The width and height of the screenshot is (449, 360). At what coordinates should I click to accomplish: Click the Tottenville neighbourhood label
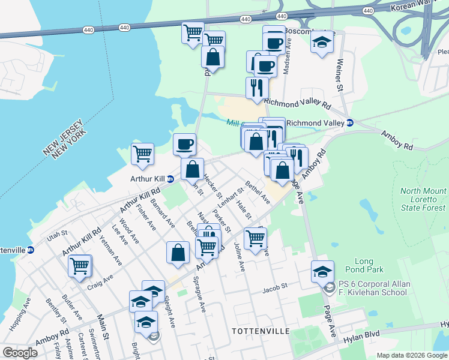coord(261,331)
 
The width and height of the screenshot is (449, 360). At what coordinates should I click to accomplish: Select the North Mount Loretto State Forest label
coord(423,200)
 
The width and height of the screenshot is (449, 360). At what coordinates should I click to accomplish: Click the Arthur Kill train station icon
coord(170,179)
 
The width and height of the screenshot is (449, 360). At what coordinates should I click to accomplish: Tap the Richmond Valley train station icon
coord(350,123)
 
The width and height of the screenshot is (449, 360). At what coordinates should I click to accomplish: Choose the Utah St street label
coord(54,238)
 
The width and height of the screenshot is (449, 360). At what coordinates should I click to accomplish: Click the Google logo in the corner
coord(20,353)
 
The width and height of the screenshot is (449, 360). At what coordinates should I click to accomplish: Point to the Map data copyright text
coord(412,355)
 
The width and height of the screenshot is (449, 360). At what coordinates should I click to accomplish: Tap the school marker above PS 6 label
coord(322,271)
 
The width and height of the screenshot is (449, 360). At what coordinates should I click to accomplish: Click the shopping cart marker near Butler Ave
coord(80,265)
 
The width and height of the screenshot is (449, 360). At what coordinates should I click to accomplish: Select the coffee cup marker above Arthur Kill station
coord(184,144)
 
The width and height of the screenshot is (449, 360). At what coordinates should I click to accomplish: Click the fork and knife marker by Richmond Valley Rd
coord(257,88)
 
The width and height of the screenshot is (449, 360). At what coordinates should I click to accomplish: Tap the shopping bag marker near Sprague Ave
coord(178,253)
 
